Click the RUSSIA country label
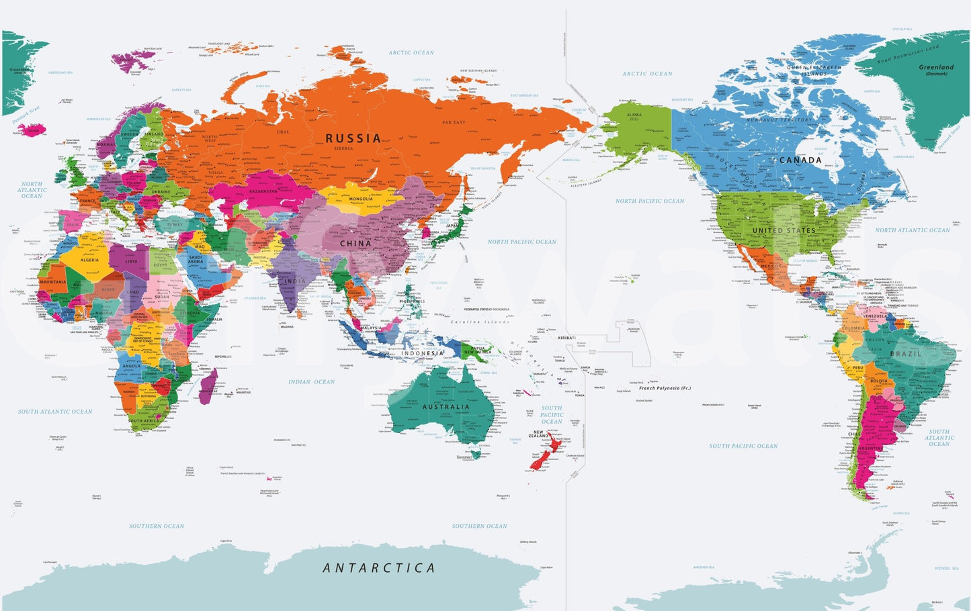353,138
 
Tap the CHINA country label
355,244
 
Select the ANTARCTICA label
379,568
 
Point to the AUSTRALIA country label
446,407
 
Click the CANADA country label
800,160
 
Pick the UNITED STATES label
784,230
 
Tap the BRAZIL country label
906,354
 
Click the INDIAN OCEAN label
312,382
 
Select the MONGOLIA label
361,199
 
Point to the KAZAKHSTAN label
263,191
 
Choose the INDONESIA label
423,353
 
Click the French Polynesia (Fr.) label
665,388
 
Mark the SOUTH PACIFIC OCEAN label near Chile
743,446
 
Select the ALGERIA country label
89,260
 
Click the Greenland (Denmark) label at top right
936,69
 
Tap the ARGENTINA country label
871,448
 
